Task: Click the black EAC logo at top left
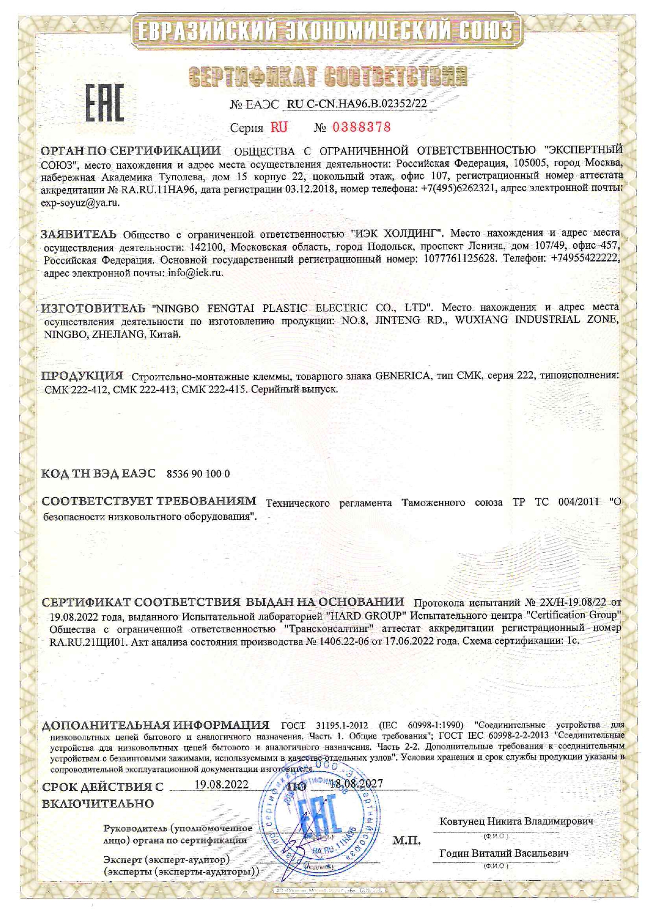click(105, 103)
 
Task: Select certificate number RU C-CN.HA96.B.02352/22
click(357, 104)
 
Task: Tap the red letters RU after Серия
click(279, 127)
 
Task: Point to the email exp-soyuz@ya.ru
click(80, 202)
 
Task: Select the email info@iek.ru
click(196, 273)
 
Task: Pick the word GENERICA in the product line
click(403, 376)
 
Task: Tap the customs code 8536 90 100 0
click(198, 474)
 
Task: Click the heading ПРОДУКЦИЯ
click(83, 376)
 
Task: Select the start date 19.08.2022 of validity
click(221, 784)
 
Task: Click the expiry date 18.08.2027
click(356, 784)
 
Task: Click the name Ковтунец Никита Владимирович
click(516, 821)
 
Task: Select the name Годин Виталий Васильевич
click(504, 854)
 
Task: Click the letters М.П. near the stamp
click(406, 841)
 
